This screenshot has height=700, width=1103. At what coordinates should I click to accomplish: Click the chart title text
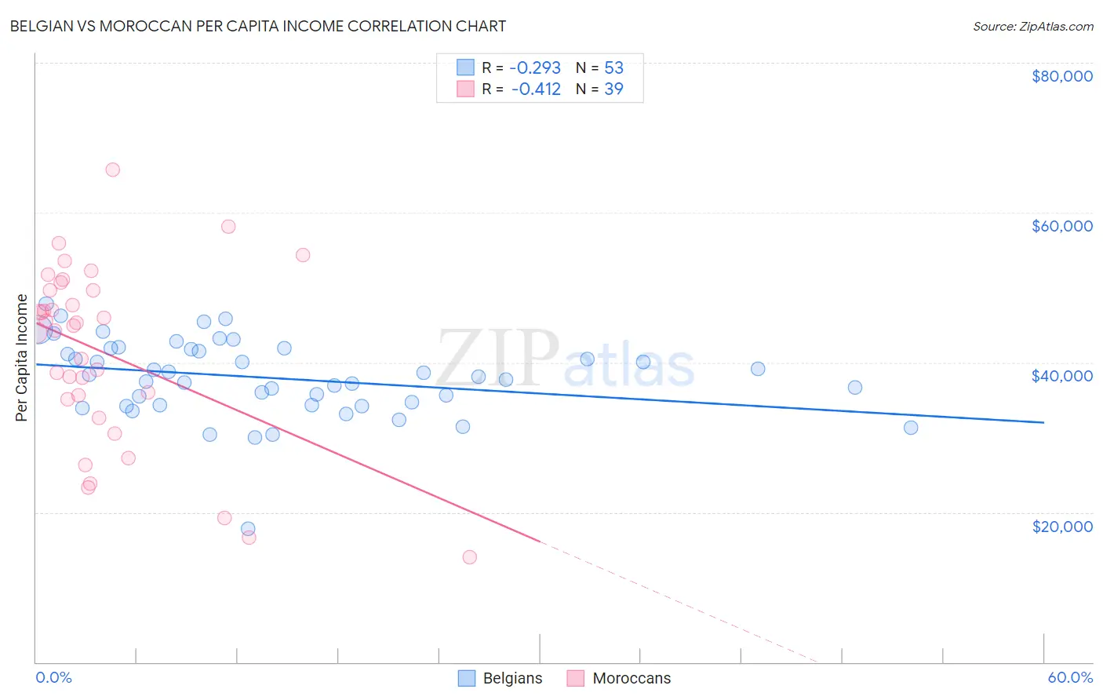click(x=257, y=26)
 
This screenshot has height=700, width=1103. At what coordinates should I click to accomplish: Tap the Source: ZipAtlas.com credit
click(x=1032, y=26)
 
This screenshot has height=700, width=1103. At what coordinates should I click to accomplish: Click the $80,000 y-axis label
click(x=1061, y=76)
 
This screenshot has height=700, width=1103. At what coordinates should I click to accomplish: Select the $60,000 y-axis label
click(x=1061, y=226)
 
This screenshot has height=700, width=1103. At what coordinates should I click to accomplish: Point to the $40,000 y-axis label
click(x=1061, y=376)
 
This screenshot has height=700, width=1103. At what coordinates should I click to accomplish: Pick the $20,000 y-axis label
click(x=1061, y=526)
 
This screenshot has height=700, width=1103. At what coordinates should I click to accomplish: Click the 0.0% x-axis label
click(x=53, y=677)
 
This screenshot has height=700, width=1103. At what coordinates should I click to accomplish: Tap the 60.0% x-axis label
click(x=1069, y=677)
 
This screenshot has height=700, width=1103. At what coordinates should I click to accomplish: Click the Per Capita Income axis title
click(x=22, y=357)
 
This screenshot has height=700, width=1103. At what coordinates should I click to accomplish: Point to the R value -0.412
click(x=536, y=89)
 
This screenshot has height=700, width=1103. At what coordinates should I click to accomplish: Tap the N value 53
click(x=613, y=68)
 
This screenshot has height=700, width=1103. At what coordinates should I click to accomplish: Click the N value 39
click(x=613, y=89)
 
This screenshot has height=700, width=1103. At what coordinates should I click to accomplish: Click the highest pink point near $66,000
click(x=112, y=170)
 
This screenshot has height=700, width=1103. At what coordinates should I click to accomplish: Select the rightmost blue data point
click(x=910, y=428)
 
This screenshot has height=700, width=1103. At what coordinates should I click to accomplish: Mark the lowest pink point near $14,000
click(x=469, y=557)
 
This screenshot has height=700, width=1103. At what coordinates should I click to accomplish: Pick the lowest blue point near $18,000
click(x=248, y=529)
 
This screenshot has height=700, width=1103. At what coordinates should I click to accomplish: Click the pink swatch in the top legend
click(x=466, y=89)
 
